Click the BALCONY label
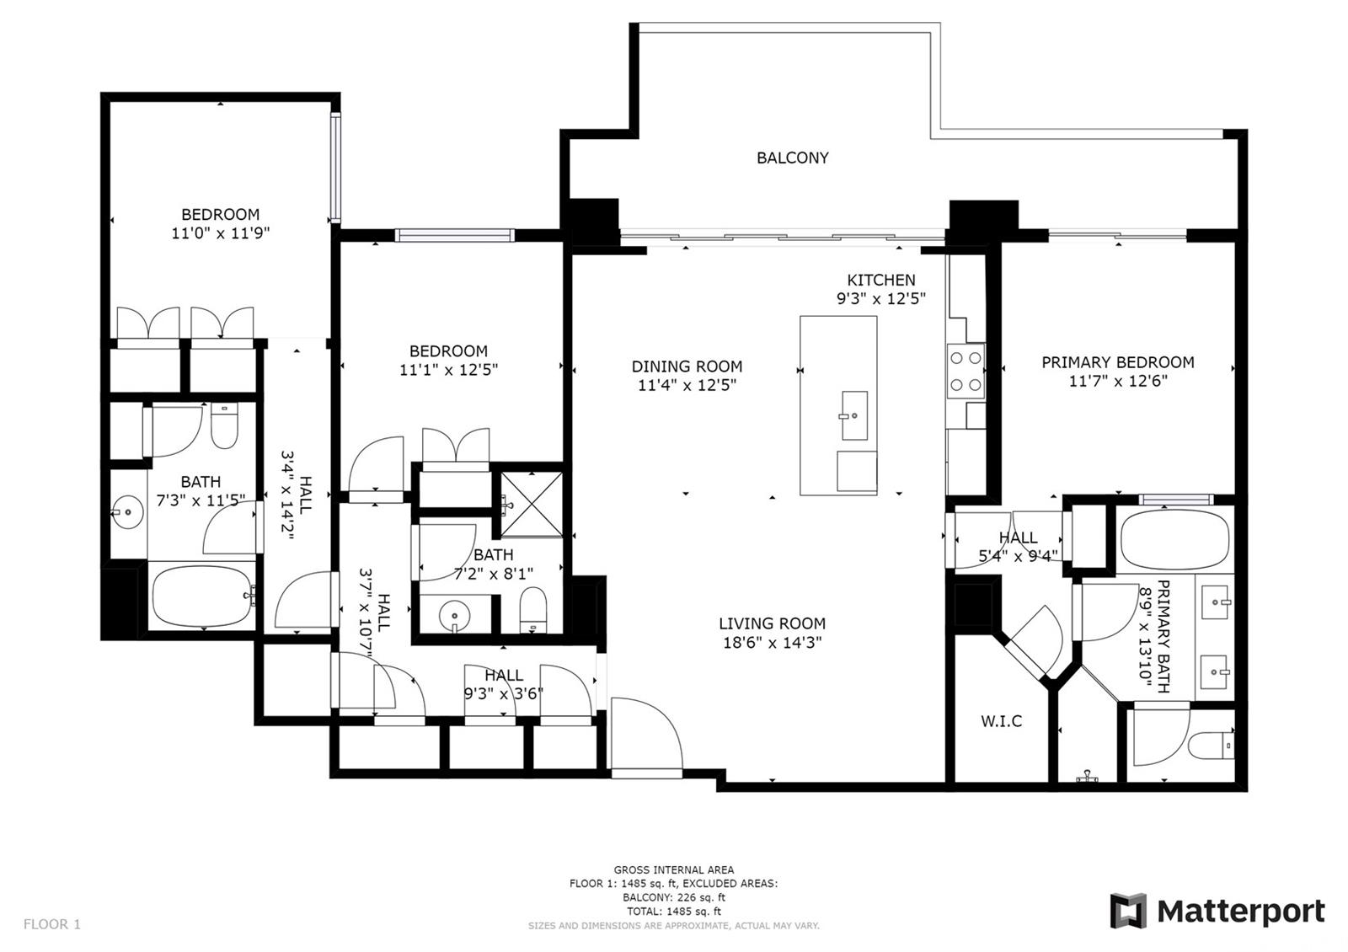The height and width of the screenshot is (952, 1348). [x=792, y=158]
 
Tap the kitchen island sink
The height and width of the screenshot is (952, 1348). [x=854, y=414]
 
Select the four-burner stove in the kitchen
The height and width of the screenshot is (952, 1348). [x=966, y=372]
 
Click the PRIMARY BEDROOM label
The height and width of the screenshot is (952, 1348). [x=1117, y=362]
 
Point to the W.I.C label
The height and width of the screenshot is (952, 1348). [x=1001, y=721]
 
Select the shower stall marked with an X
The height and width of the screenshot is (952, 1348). [x=532, y=504]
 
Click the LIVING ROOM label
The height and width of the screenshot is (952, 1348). [x=772, y=623]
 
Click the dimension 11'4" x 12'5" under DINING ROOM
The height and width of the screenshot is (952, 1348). [x=687, y=386]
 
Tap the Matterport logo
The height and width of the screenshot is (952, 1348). [x=1217, y=912]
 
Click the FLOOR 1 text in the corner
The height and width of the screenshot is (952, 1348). [x=52, y=924]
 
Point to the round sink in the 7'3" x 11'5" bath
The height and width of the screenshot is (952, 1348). [x=127, y=511]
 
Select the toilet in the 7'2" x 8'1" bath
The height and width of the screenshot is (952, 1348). [x=532, y=608]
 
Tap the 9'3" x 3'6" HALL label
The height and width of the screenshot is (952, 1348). [x=503, y=684]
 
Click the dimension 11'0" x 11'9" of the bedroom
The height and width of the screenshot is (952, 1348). [x=220, y=233]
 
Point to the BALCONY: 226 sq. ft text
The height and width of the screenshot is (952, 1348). [x=673, y=898]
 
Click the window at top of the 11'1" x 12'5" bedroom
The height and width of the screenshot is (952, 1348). [x=455, y=235]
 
